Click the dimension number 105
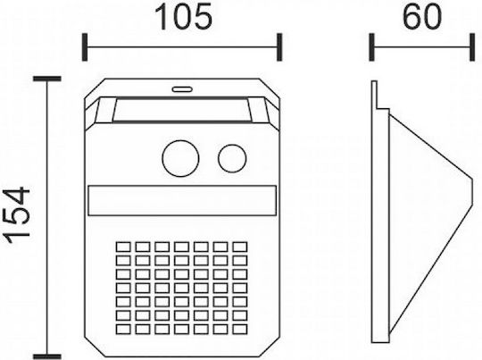click(184, 17)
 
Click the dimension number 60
click(421, 17)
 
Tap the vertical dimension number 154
click(18, 214)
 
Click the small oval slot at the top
click(182, 89)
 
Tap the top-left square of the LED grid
click(123, 247)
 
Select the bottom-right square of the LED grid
click(240, 329)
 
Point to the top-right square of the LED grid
click(240, 247)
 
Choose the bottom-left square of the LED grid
click(123, 329)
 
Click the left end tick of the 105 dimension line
click(85, 47)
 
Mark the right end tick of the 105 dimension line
click(279, 47)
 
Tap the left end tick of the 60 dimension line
click(371, 47)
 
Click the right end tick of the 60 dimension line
click(472, 47)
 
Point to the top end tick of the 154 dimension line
click(47, 79)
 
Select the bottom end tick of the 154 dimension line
click(47, 357)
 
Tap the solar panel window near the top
click(181, 110)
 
